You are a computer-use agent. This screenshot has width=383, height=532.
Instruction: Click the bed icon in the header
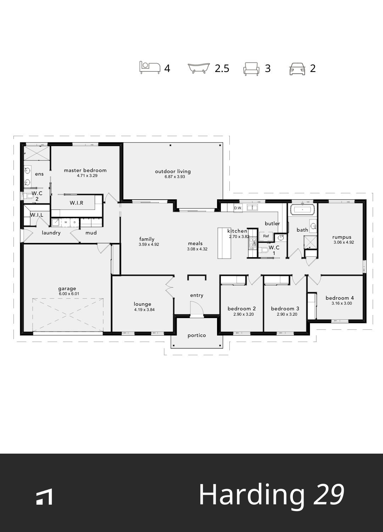150,67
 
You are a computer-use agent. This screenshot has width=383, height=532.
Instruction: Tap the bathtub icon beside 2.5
199,68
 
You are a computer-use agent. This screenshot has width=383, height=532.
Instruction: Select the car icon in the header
297,68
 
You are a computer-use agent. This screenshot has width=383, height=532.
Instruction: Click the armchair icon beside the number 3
251,68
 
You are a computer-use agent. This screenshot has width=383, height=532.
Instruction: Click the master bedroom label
85,170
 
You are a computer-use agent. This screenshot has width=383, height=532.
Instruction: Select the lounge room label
143,304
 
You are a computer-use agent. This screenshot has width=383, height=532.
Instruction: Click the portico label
197,335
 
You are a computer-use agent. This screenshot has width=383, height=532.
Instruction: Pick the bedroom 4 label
339,298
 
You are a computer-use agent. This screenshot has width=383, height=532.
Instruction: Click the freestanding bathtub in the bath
302,210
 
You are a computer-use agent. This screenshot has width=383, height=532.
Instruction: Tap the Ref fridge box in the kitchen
266,236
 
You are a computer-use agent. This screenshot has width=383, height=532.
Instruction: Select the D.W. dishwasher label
238,208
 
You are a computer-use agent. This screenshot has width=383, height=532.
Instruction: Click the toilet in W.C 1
264,250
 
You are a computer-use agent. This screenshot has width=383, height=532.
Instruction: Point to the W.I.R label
77,203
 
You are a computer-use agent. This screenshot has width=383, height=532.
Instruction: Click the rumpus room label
342,237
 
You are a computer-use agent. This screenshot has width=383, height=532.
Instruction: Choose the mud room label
91,233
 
